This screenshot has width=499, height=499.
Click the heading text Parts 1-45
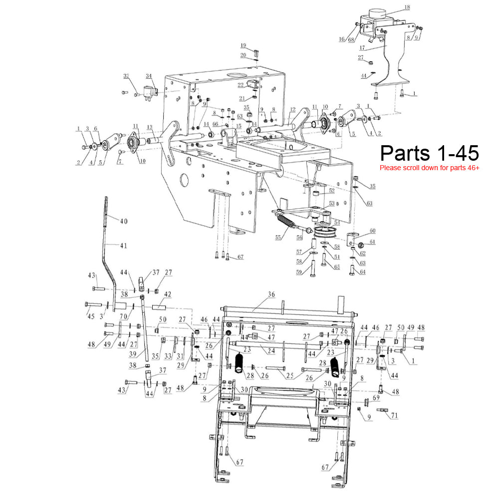pos(430,152)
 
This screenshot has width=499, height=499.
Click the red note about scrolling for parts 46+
pos(430,168)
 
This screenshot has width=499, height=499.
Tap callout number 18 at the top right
pos(407,7)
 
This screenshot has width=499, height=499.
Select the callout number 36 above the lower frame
pos(271,295)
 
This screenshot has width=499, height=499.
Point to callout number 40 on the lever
pos(124,220)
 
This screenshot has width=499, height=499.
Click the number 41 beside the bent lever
pos(123,245)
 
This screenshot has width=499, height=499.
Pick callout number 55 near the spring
pos(278,238)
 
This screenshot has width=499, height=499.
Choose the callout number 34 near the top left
pos(149,76)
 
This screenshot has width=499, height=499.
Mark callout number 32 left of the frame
pos(126,76)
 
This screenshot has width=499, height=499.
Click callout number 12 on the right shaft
pos(292,109)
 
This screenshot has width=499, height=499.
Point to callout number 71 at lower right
pos(394,415)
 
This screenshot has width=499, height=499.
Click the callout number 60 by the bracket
pos(372,231)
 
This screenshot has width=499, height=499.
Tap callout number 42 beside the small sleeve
pos(167,295)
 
